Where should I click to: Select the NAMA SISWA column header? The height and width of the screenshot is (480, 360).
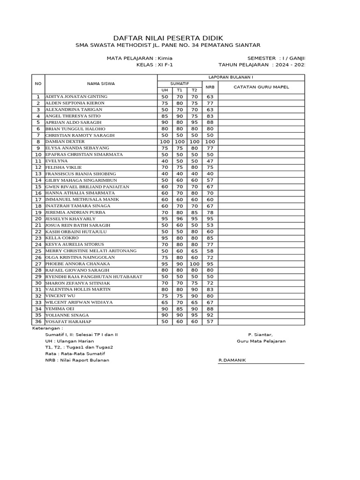[x=101, y=83]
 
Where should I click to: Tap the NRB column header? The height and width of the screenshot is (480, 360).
[x=210, y=87]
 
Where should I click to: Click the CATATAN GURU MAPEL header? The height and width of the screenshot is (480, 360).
[x=261, y=87]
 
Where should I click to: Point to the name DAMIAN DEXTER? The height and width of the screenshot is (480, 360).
[x=65, y=142]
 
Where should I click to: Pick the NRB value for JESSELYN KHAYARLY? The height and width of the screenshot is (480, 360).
[x=210, y=219]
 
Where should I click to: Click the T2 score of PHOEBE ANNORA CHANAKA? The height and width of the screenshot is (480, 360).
[x=195, y=264]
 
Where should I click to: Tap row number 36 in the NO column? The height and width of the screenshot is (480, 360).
[x=38, y=322]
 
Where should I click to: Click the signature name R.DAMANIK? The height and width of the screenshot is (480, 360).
[x=232, y=360]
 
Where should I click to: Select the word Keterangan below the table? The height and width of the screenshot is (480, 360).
[x=46, y=329]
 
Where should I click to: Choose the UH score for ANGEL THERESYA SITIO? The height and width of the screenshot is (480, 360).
[x=165, y=116]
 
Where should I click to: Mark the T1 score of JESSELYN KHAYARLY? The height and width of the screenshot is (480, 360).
[x=180, y=219]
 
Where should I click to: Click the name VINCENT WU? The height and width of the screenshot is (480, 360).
[x=60, y=296]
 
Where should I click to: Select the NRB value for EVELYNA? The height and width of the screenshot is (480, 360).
[x=210, y=161]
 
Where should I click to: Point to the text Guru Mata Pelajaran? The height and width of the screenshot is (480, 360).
[x=261, y=341]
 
